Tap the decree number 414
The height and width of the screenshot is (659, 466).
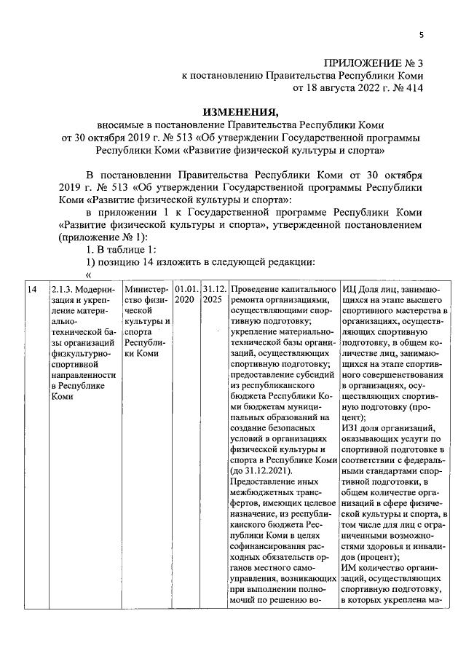411,89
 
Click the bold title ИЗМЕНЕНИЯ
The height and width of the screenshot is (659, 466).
240,112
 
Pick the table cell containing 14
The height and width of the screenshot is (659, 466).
31,289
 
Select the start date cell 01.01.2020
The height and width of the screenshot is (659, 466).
186,293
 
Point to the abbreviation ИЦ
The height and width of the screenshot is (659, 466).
348,289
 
